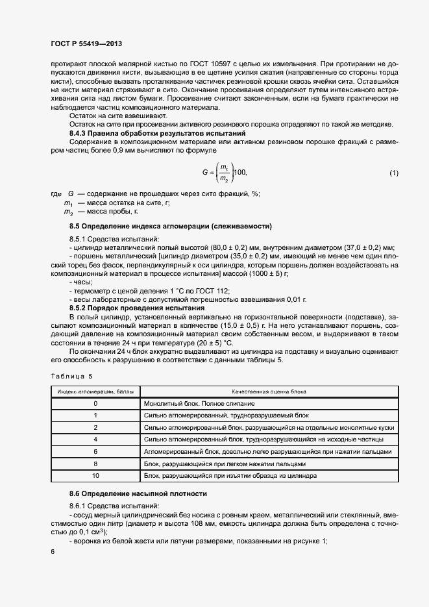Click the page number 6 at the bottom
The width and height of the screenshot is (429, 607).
(53, 551)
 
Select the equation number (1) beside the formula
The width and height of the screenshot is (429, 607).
(393, 172)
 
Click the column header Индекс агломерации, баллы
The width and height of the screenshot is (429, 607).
(95, 391)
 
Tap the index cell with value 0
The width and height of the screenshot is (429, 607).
(95, 404)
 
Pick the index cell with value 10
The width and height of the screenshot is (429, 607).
(95, 476)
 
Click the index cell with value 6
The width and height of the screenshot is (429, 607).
(95, 452)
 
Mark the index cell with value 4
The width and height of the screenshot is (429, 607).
(95, 440)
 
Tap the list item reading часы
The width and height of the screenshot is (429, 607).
(82, 282)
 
